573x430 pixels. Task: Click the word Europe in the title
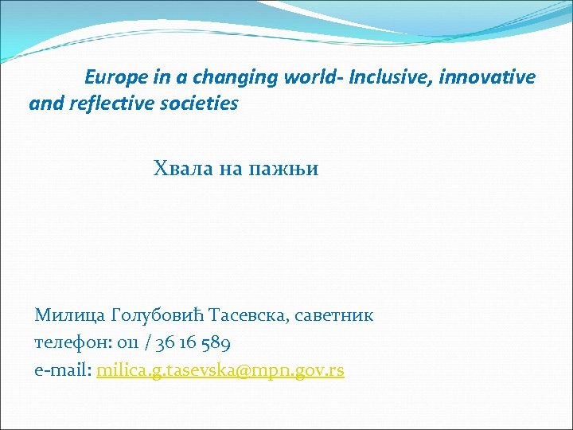tap(112, 78)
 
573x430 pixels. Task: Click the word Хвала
tap(181, 169)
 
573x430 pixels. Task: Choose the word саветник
tap(334, 315)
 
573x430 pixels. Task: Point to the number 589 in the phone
tap(214, 343)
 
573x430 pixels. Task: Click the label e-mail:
tap(63, 370)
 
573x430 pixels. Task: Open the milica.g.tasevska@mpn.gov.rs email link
tap(220, 371)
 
